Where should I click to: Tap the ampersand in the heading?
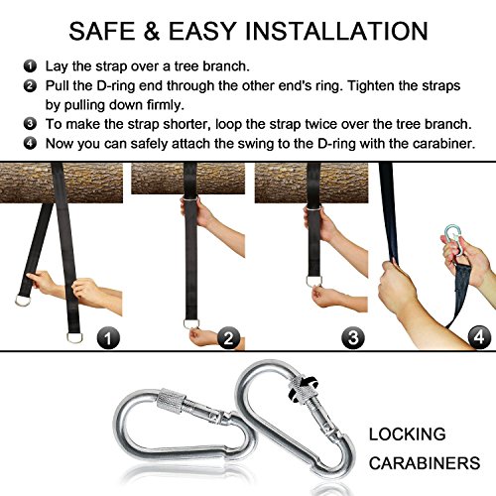coord(152,31)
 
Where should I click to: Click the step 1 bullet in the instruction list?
coord(30,65)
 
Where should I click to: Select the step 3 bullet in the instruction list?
coord(30,124)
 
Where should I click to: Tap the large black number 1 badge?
coord(108,338)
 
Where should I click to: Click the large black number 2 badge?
coord(228,338)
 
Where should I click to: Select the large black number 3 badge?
coord(353,338)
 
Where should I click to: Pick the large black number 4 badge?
coord(479,337)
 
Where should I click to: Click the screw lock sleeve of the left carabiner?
coord(171,401)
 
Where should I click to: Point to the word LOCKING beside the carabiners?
coord(408,434)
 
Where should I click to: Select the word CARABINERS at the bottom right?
coord(425,463)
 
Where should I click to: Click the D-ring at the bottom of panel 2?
coord(191,323)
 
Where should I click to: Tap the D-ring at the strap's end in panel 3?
coord(313,281)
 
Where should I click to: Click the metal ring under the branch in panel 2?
coord(190,199)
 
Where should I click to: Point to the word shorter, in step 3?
coord(187,124)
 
